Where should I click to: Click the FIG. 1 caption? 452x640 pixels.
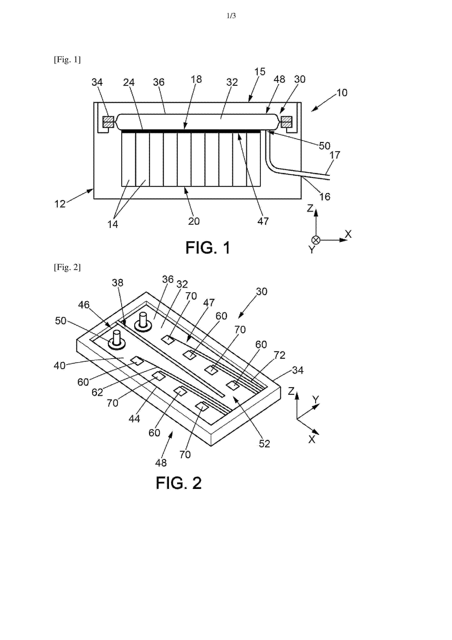pos(208,248)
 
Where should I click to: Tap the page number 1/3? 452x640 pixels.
pos(231,16)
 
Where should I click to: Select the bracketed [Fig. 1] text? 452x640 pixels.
pos(67,60)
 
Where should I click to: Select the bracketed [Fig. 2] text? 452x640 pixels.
pos(67,267)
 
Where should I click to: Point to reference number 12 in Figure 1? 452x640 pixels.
pos(60,204)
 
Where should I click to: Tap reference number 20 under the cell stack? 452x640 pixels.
pos(194,221)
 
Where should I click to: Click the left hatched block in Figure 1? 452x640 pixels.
pos(108,122)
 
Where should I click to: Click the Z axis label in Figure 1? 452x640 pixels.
pos(310,208)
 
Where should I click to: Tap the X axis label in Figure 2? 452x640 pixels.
pos(312,439)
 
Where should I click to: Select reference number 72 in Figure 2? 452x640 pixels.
pos(279,355)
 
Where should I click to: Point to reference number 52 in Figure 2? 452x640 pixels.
pos(264,444)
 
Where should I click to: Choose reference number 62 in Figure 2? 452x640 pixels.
pos(97,392)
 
